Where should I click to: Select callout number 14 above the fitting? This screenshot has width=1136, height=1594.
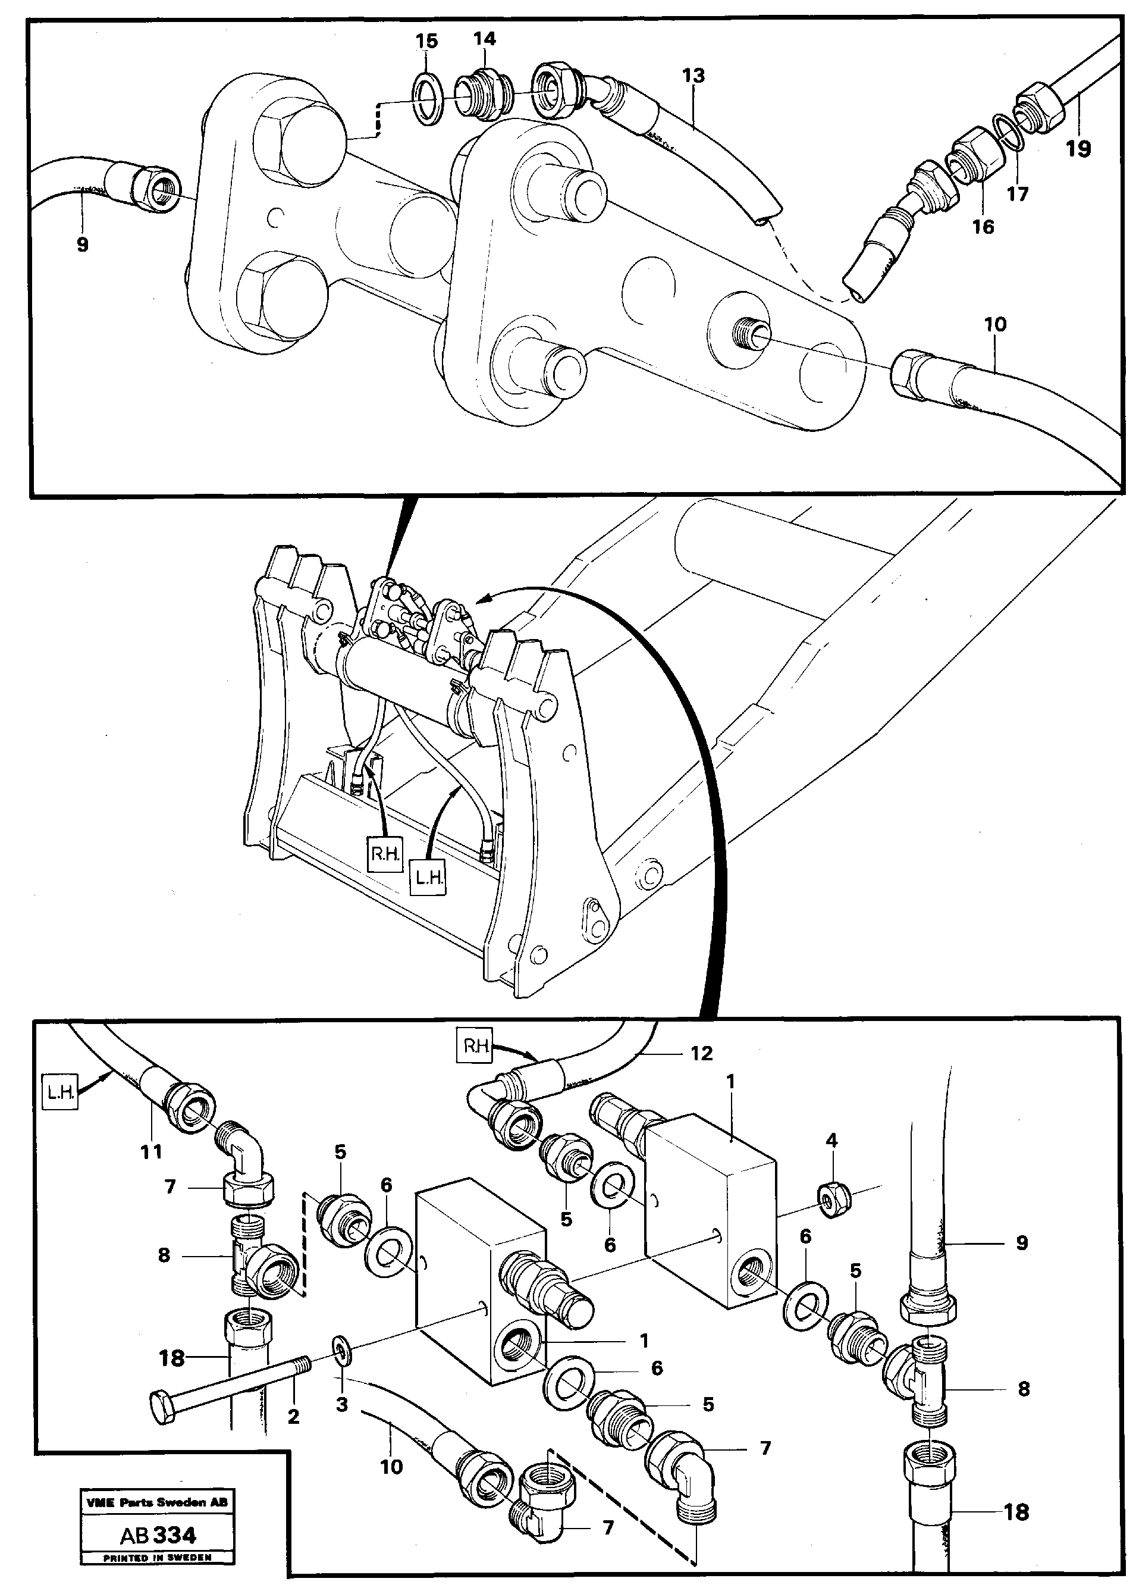[x=484, y=39]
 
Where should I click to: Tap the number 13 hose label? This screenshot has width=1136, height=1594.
[x=693, y=76]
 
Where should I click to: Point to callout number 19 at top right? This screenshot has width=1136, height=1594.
[x=1078, y=149]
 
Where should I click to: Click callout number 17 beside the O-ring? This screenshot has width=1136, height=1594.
[x=1017, y=194]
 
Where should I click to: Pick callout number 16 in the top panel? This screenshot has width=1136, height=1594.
[x=983, y=227]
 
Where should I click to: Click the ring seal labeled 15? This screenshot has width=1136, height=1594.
[x=426, y=102]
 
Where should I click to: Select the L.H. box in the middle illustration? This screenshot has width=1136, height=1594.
[x=428, y=878]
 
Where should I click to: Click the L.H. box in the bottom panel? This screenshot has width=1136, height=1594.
[x=61, y=1092]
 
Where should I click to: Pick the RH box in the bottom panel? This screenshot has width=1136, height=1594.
[x=475, y=1048]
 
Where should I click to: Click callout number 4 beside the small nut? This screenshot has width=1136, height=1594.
[x=831, y=1141]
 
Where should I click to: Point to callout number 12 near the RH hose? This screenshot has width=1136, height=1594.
[x=702, y=1053]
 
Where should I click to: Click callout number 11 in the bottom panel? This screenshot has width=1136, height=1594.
[x=151, y=1151]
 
